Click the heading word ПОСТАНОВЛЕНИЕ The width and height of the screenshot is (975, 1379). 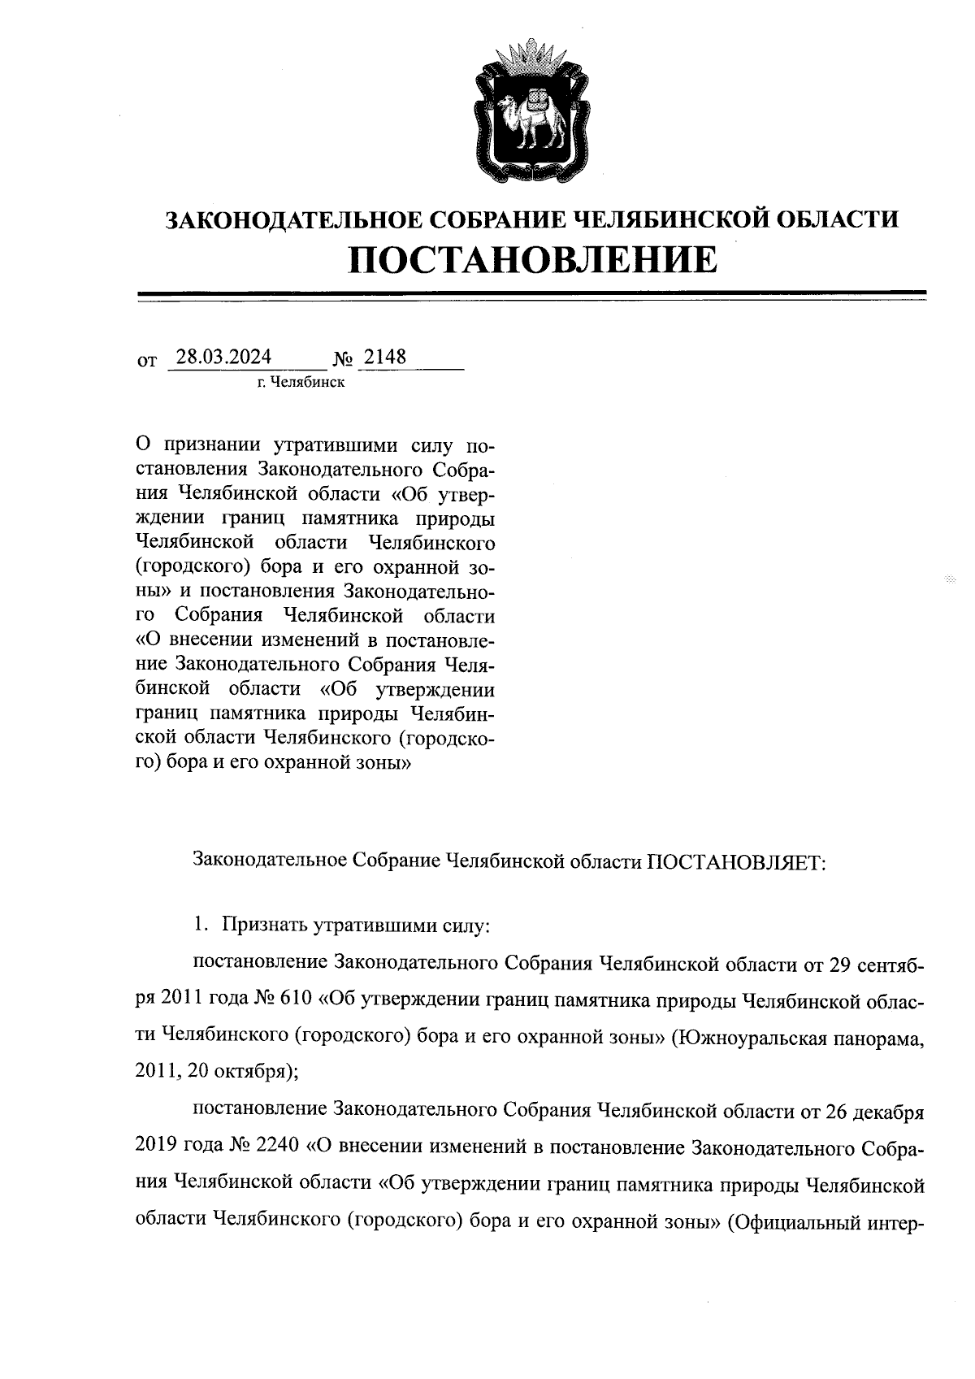point(533,262)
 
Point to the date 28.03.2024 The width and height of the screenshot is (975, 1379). point(223,358)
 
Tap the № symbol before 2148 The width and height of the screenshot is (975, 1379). point(343,359)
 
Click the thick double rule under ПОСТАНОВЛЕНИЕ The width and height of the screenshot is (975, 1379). point(533,293)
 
